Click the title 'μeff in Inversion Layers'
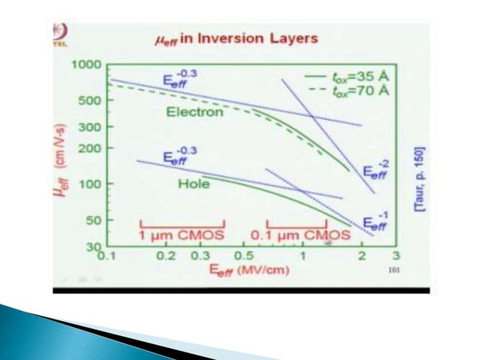[240, 37]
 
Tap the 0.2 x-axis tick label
[166, 257]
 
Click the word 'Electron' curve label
[195, 112]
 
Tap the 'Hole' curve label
[193, 183]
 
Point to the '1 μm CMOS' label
[182, 235]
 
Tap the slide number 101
[393, 269]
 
